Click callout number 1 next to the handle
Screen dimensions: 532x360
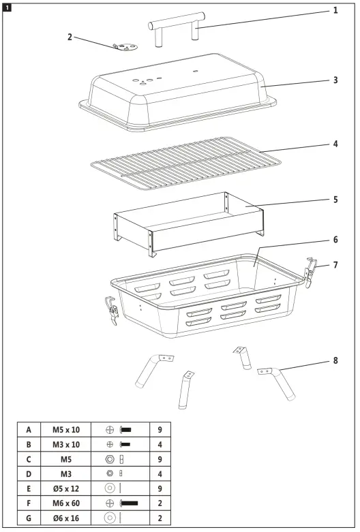(x=335, y=11)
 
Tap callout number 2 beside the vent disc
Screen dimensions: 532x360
(x=70, y=37)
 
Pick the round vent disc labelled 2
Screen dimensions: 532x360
(x=124, y=47)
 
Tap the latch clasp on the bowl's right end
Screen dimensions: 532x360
(x=311, y=274)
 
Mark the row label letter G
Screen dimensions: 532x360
(x=29, y=519)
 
